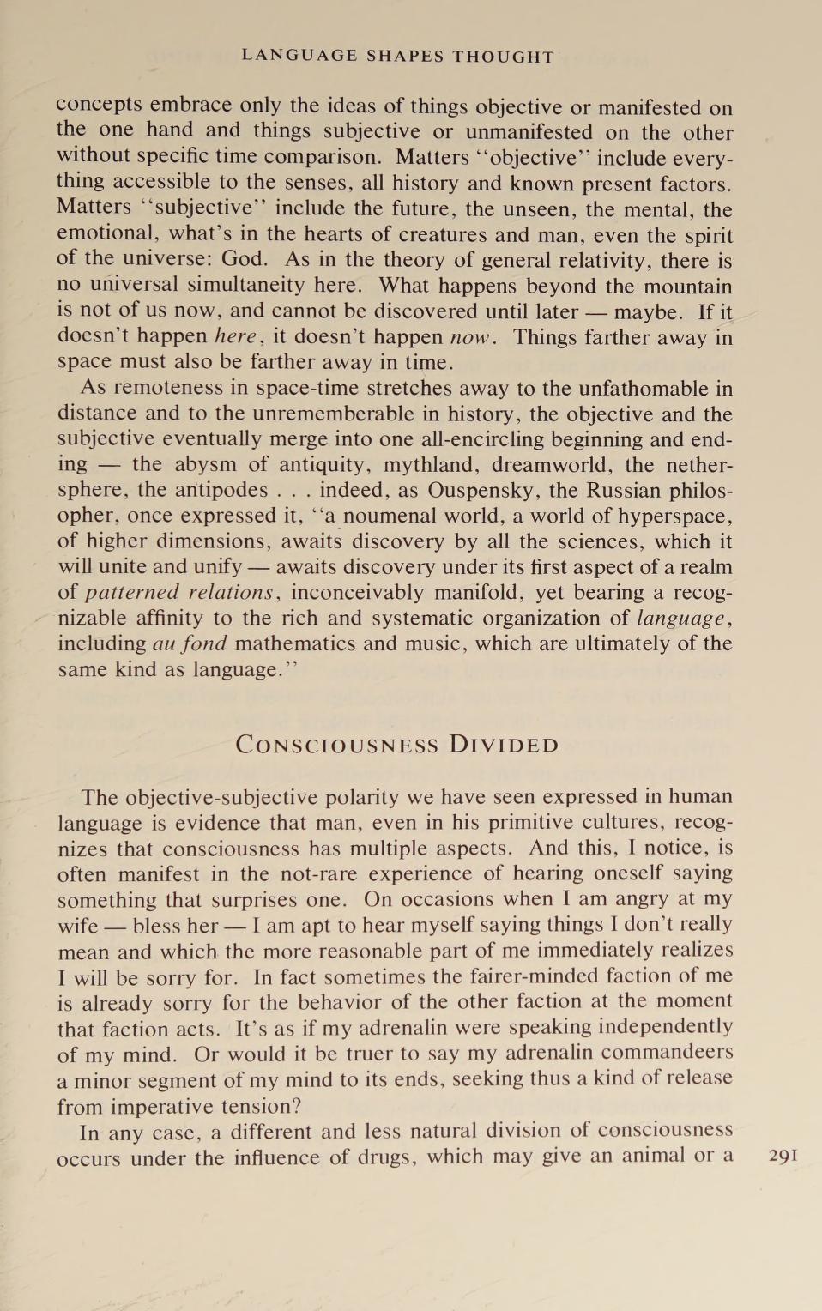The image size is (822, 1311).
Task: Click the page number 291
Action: click(x=783, y=1155)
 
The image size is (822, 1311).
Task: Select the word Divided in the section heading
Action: click(x=504, y=745)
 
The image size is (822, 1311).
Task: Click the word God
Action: click(x=245, y=259)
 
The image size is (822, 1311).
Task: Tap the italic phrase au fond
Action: click(x=190, y=643)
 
